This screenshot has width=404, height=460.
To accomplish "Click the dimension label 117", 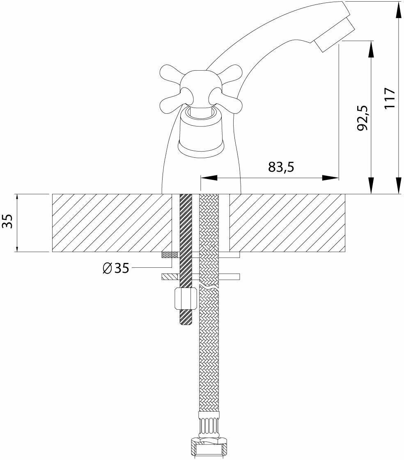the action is point(390,98).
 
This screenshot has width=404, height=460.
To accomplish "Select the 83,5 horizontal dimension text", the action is point(282,167).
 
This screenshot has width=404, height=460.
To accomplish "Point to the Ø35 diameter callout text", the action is point(116,268).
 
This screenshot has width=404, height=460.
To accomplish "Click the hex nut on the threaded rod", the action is point(186,299).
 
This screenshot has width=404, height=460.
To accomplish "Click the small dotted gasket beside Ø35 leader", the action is point(170,255).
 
